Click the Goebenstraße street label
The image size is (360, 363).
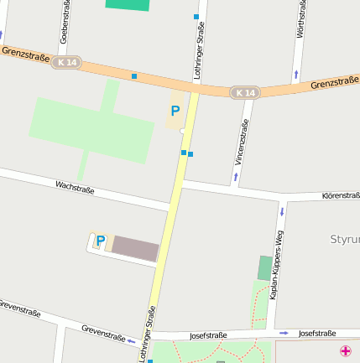[65, 22]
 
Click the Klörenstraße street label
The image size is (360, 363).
[340, 195]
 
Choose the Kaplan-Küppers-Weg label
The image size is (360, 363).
[278, 266]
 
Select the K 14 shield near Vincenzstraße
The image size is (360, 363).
[244, 92]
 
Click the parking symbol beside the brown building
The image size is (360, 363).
[101, 241]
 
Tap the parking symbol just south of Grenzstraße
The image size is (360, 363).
[175, 111]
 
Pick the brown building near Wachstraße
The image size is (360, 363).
[135, 248]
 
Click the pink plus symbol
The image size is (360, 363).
[346, 350]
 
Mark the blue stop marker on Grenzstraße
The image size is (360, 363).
[133, 76]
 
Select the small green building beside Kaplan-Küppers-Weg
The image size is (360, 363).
[265, 267]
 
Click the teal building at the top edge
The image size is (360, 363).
[128, 4]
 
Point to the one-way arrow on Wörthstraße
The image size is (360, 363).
[295, 75]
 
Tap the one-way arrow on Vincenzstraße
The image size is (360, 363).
[236, 176]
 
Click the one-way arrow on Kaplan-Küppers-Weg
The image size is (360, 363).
[282, 211]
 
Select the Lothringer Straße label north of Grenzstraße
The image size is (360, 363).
[200, 50]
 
